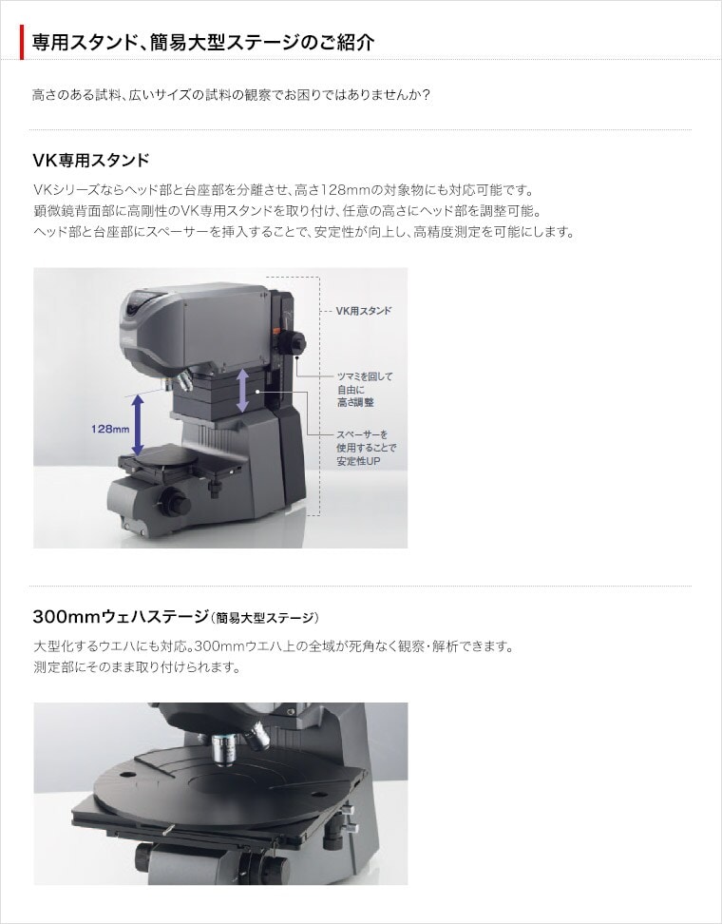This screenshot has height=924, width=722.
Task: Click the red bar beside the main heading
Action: (x=22, y=42)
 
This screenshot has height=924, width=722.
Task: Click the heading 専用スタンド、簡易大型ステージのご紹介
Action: (x=203, y=43)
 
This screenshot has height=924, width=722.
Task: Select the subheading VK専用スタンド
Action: (x=91, y=161)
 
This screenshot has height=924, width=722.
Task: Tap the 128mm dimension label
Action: (x=110, y=429)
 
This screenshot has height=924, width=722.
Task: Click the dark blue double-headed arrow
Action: (x=137, y=424)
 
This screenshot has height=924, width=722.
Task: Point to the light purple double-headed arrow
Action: (x=242, y=390)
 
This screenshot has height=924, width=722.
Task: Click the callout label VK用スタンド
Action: (x=363, y=311)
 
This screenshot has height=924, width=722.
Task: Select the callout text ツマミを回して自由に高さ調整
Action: (x=365, y=390)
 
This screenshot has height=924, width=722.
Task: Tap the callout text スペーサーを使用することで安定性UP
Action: (x=367, y=448)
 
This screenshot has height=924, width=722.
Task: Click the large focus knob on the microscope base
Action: (x=175, y=503)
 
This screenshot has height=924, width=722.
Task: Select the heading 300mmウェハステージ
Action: (x=121, y=617)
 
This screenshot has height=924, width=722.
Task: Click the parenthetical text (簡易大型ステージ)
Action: (x=264, y=618)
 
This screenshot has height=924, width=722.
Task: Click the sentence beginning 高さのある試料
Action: (x=232, y=95)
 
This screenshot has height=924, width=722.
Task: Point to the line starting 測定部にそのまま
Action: (x=137, y=667)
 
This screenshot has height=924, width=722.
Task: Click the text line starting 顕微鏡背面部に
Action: (x=287, y=210)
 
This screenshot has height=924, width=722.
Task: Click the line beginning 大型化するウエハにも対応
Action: (x=274, y=646)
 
